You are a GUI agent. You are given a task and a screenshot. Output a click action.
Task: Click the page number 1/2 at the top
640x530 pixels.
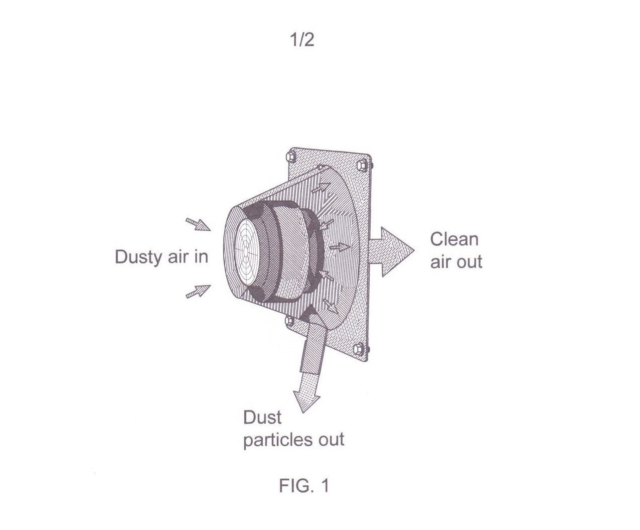click(x=302, y=40)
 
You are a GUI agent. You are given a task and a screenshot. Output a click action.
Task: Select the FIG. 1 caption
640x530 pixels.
click(x=304, y=486)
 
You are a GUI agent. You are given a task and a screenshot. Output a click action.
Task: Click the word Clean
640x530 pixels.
click(x=454, y=239)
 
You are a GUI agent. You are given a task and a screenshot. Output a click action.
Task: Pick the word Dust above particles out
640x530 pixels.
click(x=262, y=418)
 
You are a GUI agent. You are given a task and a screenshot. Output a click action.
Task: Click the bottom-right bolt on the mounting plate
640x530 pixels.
click(x=362, y=347)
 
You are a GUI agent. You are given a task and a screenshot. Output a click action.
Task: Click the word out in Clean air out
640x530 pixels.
click(x=469, y=262)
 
